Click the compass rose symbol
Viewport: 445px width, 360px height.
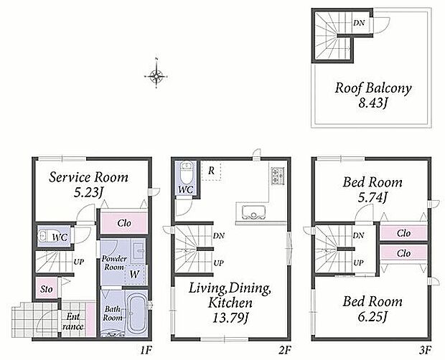(156, 76)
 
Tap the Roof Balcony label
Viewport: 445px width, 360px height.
(373, 88)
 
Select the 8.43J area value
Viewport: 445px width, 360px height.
(373, 103)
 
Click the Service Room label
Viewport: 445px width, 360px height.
(88, 177)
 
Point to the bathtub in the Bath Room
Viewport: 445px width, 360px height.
(136, 312)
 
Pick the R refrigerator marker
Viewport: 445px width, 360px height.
(211, 171)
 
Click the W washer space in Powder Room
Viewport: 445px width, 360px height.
(135, 274)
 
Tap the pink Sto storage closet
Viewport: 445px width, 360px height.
(46, 288)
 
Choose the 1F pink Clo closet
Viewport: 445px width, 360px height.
(124, 222)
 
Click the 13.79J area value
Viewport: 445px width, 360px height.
(230, 318)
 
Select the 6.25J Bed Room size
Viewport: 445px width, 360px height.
(373, 316)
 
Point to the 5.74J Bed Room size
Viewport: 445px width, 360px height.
(373, 196)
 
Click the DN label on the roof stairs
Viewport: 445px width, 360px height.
(359, 23)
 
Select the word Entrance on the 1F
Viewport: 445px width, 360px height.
(73, 321)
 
